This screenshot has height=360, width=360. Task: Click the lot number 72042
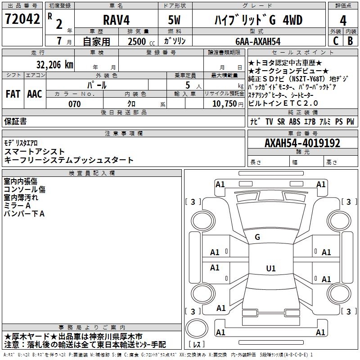(22, 19)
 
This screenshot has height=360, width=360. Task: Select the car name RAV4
(117, 20)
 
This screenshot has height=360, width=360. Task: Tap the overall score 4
(343, 21)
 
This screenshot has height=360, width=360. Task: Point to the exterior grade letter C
(336, 41)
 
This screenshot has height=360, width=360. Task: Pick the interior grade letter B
(350, 41)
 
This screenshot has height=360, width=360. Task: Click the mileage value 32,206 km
(55, 65)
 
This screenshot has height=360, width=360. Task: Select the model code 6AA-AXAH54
(258, 41)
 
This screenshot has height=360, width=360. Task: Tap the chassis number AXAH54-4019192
(302, 143)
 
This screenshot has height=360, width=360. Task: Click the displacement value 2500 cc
(141, 41)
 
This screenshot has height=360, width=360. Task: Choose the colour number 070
(75, 104)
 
